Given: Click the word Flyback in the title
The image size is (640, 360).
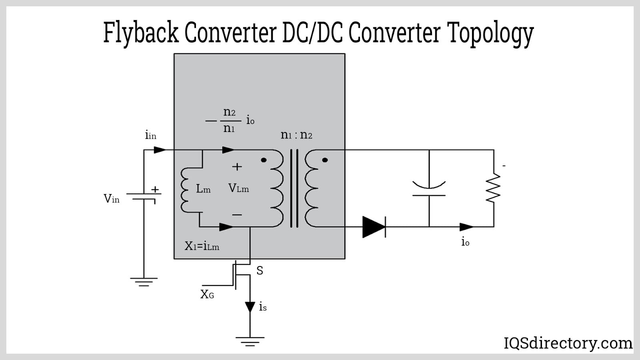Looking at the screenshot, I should coord(140,32).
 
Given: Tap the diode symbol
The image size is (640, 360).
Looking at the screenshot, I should coord(374,227).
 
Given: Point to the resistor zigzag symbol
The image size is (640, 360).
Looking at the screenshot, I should coord(494,188).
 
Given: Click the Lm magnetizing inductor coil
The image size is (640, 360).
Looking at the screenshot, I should coord(186,190).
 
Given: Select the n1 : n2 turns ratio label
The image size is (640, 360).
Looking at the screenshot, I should coord(296,135).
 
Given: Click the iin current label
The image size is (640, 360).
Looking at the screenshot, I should coord(150,135).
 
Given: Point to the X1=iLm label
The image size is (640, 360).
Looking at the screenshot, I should coord(202,246).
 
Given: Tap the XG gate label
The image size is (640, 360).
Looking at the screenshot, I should coord(207,295).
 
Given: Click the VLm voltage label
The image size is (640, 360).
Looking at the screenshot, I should coord(238,188).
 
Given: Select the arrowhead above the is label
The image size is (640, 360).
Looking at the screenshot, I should coord(250,307).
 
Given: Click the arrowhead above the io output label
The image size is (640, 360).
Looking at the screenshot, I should coord(466,227).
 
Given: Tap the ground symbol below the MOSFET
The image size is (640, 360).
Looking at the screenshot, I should coord(250,341).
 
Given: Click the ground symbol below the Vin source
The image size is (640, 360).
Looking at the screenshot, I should coord(144,282).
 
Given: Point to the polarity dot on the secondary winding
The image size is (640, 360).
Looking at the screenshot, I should coord(325,160).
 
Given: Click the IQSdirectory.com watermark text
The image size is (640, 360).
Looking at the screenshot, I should coord(568,343).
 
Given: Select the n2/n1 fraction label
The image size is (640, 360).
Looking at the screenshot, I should coord(229,120).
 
